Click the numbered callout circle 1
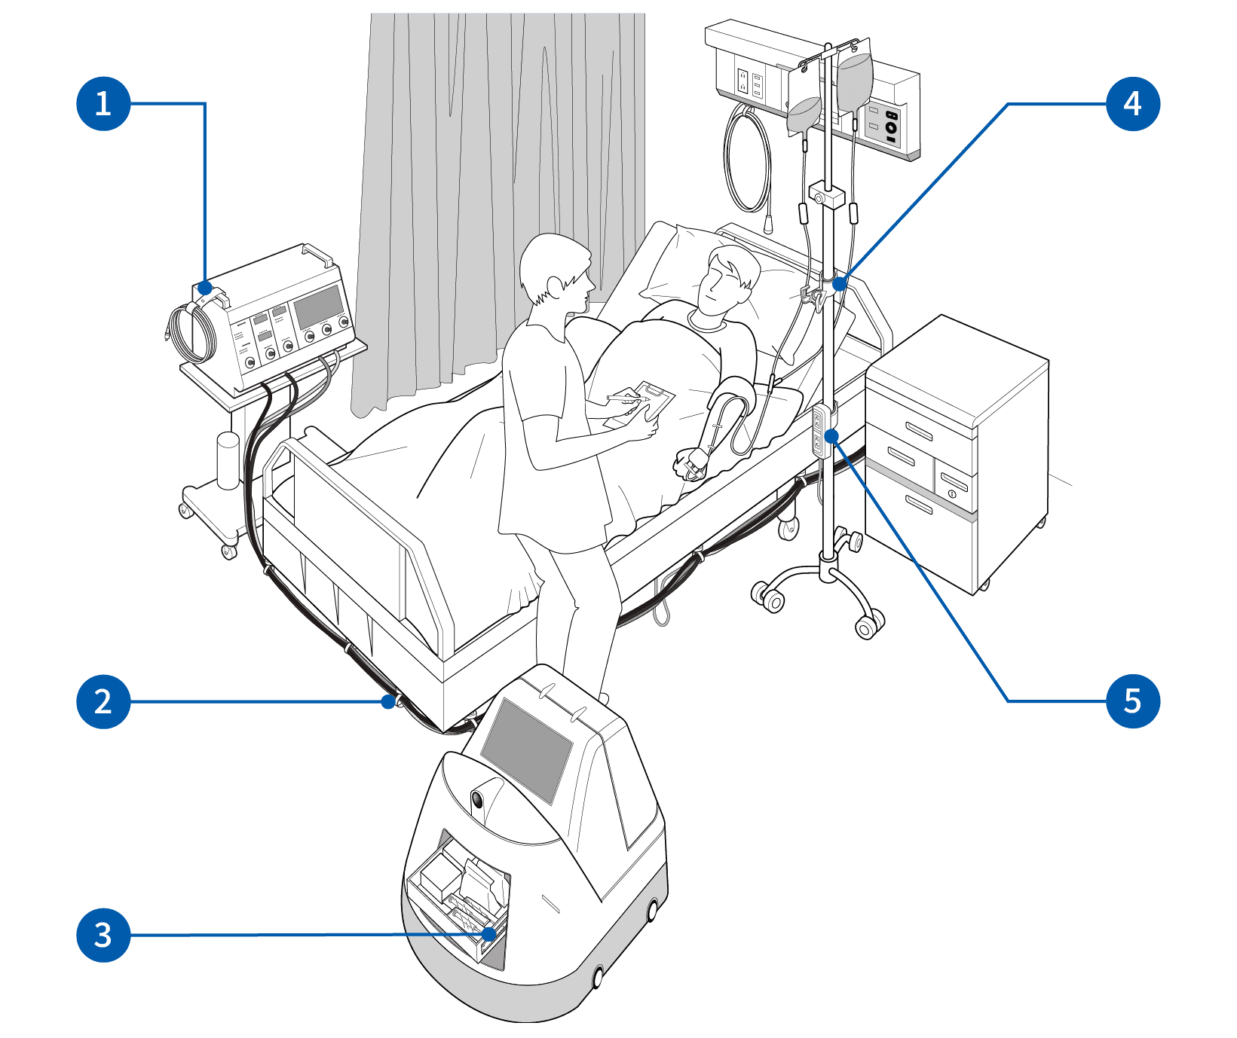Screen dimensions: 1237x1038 click(x=103, y=103)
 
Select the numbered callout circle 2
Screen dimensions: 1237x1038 click(x=103, y=701)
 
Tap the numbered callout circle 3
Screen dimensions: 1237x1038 click(x=103, y=935)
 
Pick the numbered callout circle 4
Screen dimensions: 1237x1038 click(x=1132, y=103)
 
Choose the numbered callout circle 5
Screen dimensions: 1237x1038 click(x=1132, y=701)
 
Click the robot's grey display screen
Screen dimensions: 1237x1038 click(x=527, y=749)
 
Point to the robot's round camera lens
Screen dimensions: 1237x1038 click(x=478, y=799)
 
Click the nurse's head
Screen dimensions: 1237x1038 click(x=556, y=273)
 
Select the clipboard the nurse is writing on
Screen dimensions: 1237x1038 click(x=641, y=405)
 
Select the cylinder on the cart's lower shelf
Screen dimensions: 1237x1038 click(x=228, y=460)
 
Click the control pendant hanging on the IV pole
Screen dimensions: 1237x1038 click(x=819, y=431)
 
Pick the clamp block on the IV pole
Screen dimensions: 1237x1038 click(x=825, y=195)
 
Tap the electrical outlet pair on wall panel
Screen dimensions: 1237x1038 click(x=750, y=84)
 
